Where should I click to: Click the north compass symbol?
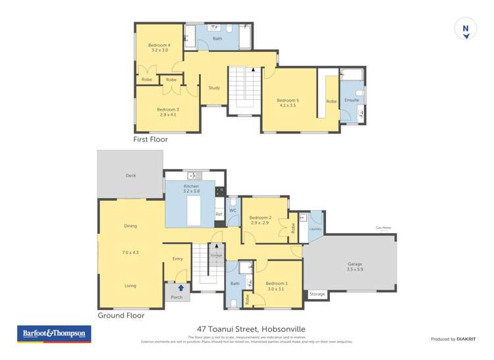pyautogui.click(x=466, y=30)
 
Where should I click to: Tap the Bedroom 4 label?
pyautogui.click(x=159, y=45)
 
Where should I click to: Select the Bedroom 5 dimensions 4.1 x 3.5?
pyautogui.click(x=288, y=105)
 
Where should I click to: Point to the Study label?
pyautogui.click(x=214, y=88)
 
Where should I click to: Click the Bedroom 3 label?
pyautogui.click(x=168, y=109)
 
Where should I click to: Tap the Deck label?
pyautogui.click(x=130, y=176)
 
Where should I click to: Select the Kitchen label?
pyautogui.click(x=192, y=186)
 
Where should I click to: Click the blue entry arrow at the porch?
pyautogui.click(x=180, y=288)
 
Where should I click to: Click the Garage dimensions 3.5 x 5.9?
pyautogui.click(x=355, y=269)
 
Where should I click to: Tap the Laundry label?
pyautogui.click(x=316, y=229)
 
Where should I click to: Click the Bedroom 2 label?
pyautogui.click(x=260, y=217)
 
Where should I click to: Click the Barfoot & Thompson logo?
pyautogui.click(x=54, y=334)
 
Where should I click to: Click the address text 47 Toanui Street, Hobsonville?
pyautogui.click(x=252, y=329)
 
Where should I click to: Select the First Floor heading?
pyautogui.click(x=150, y=140)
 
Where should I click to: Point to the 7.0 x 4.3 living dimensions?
pyautogui.click(x=130, y=252)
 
